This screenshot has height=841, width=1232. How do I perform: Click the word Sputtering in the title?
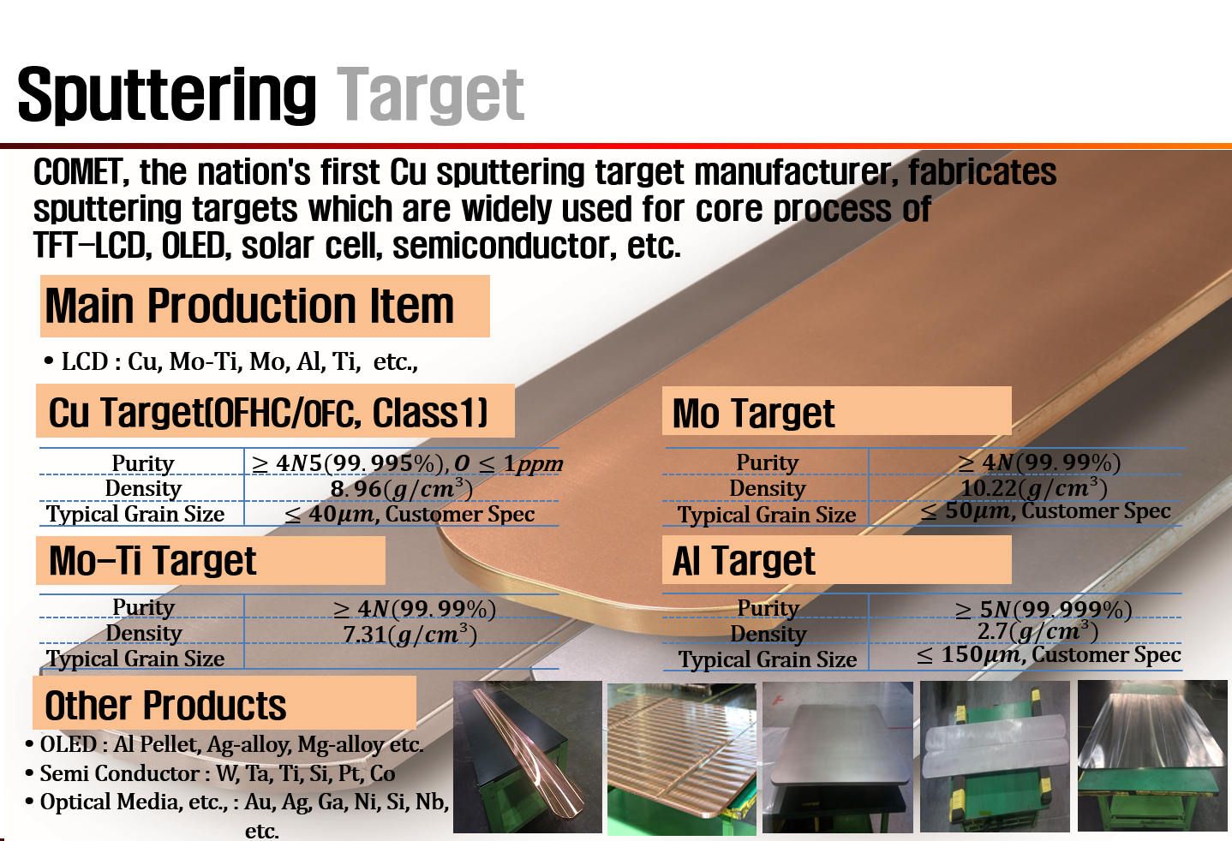pos(167,95)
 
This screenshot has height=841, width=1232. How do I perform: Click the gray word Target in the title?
pos(431,95)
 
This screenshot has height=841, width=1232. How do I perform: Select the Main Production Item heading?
pos(249,306)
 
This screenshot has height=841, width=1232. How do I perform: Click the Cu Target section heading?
pos(268,412)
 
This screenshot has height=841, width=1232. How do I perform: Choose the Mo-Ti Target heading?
pos(153,561)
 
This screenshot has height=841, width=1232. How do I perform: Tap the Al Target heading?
pos(744,561)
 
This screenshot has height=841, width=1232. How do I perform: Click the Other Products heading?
pos(165,705)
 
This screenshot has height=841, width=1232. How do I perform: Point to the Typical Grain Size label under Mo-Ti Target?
pos(135,659)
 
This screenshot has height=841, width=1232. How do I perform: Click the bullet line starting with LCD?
pos(231,361)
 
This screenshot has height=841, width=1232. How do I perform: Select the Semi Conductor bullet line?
pos(210,773)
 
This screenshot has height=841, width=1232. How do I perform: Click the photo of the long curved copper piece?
pos(528,757)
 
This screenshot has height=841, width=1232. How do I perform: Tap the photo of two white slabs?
pos(995,757)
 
